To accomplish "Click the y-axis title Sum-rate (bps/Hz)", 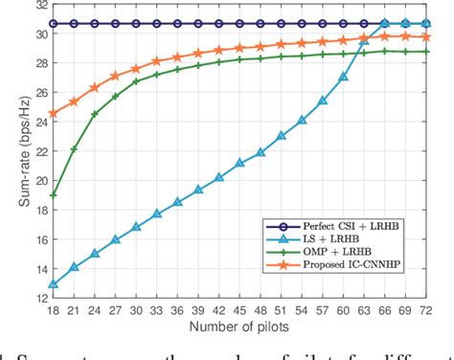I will [11, 147].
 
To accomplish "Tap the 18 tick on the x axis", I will [53, 310].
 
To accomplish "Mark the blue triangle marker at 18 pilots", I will [53, 283].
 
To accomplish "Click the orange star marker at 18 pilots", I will [53, 113].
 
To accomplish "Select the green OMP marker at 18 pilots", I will [53, 194].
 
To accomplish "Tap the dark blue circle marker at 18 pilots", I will [53, 24].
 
